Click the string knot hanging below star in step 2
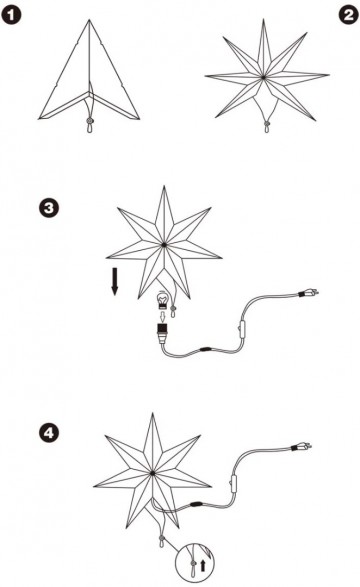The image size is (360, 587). (x=267, y=126)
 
